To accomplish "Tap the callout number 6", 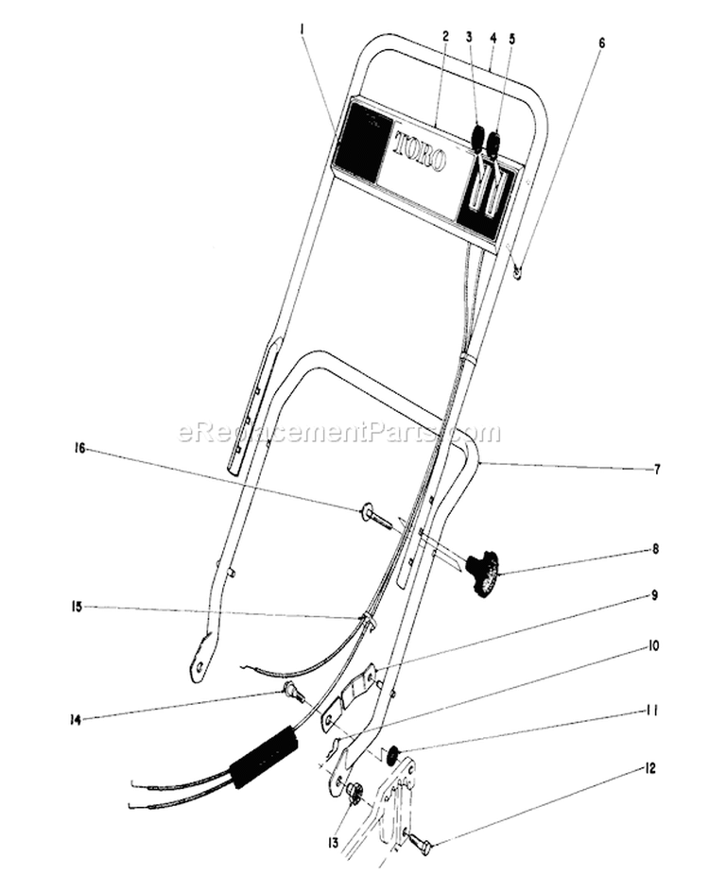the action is pyautogui.click(x=602, y=43).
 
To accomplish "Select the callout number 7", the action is pyautogui.click(x=657, y=470).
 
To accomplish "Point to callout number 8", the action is pyautogui.click(x=655, y=550).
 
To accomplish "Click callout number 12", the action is pyautogui.click(x=648, y=768).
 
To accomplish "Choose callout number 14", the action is pyautogui.click(x=75, y=720).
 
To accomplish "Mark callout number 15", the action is pyautogui.click(x=77, y=607).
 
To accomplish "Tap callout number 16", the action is pyautogui.click(x=79, y=449).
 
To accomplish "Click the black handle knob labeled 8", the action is pyautogui.click(x=482, y=575).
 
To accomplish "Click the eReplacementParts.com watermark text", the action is pyautogui.click(x=339, y=433).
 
